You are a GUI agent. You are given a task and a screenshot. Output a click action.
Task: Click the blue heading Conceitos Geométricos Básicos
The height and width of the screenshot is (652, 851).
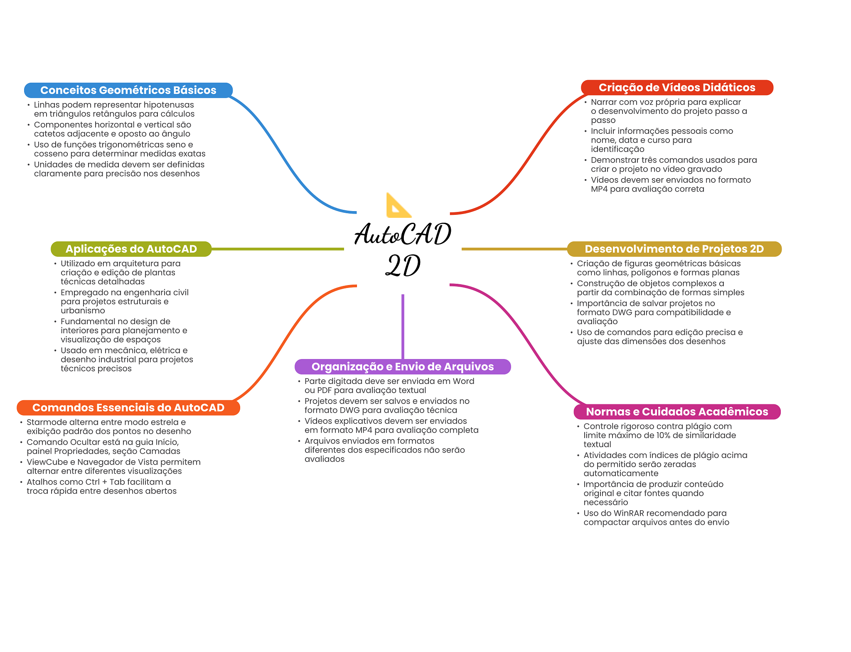pyautogui.click(x=128, y=90)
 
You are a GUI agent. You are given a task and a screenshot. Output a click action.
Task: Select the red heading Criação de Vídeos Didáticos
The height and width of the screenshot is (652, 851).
pyautogui.click(x=676, y=88)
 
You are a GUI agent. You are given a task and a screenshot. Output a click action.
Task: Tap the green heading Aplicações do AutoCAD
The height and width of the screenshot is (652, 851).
pyautogui.click(x=131, y=249)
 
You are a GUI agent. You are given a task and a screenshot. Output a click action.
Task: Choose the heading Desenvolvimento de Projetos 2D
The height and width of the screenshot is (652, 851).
pyautogui.click(x=674, y=249)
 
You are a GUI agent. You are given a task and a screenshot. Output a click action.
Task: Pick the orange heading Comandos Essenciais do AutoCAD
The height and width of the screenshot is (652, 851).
pyautogui.click(x=128, y=408)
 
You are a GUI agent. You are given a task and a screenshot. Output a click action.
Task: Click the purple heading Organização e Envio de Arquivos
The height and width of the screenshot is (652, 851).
pyautogui.click(x=402, y=367)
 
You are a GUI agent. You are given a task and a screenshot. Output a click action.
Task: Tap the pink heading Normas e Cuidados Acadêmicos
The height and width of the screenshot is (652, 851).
pyautogui.click(x=676, y=412)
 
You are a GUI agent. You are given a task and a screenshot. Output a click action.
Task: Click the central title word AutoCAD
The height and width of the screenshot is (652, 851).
pyautogui.click(x=402, y=235)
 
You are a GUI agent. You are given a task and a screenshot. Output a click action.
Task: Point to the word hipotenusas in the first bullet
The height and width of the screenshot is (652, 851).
pyautogui.click(x=169, y=105)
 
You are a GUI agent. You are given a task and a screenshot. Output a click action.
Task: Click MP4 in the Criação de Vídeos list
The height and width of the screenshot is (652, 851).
pyautogui.click(x=599, y=189)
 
